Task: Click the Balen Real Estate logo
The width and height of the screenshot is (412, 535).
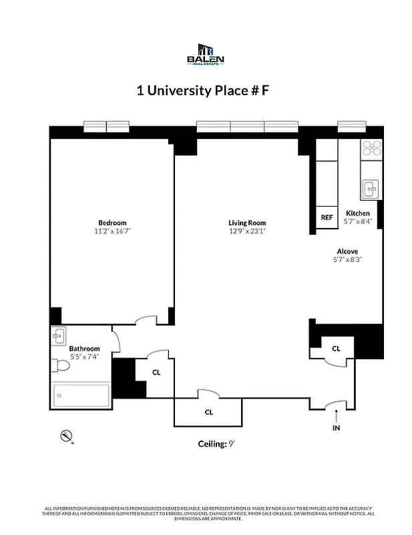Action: (206, 54)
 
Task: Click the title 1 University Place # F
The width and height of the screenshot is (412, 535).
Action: (203, 91)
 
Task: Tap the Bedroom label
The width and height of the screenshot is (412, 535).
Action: (112, 223)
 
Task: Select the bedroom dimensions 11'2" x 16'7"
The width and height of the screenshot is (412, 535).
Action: (112, 231)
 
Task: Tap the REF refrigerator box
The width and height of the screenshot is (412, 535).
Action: (327, 217)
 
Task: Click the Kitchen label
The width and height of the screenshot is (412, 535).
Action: (357, 213)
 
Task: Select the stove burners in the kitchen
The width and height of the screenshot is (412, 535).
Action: (371, 148)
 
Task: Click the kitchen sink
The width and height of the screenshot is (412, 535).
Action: (371, 189)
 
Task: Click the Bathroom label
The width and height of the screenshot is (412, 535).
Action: (85, 348)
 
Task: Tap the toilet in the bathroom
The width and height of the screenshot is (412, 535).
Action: (62, 365)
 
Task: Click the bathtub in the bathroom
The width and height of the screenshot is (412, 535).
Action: (81, 395)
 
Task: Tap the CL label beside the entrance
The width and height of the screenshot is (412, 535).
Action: (336, 348)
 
